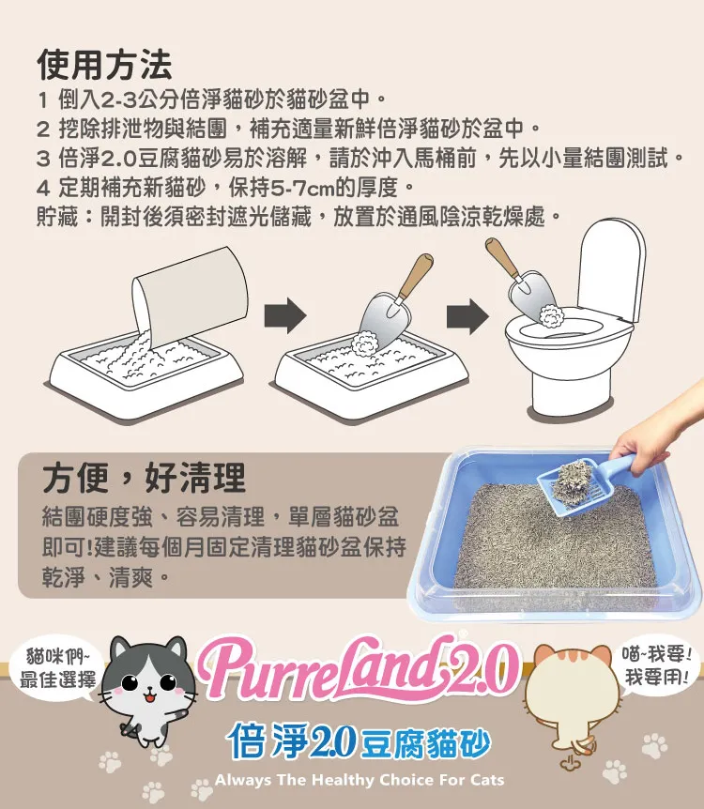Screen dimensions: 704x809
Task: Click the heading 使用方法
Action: click(x=104, y=65)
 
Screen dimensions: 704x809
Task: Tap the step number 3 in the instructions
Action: click(x=43, y=158)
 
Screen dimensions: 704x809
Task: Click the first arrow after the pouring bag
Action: click(x=285, y=315)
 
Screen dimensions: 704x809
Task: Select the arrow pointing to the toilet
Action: click(x=467, y=315)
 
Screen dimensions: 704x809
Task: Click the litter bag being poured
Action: click(x=190, y=297)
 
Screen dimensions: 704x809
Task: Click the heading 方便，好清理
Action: click(x=144, y=479)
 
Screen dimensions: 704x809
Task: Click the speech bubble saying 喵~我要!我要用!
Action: click(x=656, y=665)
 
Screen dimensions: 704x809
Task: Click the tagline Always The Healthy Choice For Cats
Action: click(x=360, y=780)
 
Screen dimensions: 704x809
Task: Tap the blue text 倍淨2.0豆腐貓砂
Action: click(x=359, y=740)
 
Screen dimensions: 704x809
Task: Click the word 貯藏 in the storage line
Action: click(x=57, y=217)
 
